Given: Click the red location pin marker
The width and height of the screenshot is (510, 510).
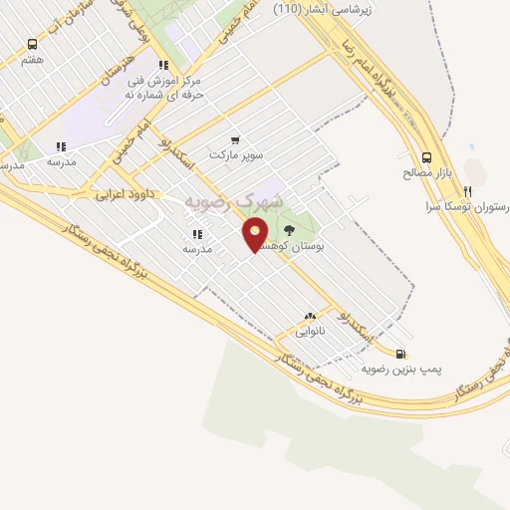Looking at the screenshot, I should (256, 234).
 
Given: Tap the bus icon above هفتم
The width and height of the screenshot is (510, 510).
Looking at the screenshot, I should (33, 45).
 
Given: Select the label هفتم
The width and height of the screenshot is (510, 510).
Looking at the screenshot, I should (33, 60).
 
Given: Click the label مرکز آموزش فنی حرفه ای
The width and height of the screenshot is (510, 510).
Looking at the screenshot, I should (160, 86).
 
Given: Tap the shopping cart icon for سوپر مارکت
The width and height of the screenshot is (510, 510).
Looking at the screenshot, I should (234, 140).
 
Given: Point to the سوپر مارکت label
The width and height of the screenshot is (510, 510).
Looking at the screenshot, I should (234, 155).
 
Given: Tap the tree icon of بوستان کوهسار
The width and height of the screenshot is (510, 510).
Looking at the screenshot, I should (290, 230).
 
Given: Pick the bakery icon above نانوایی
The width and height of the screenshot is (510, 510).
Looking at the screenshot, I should (310, 315).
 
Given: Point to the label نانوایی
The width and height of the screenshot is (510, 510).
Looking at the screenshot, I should (310, 330).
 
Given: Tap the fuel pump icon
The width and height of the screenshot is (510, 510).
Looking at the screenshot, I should (400, 353).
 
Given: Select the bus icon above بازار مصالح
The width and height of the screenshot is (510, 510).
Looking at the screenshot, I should (427, 157).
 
